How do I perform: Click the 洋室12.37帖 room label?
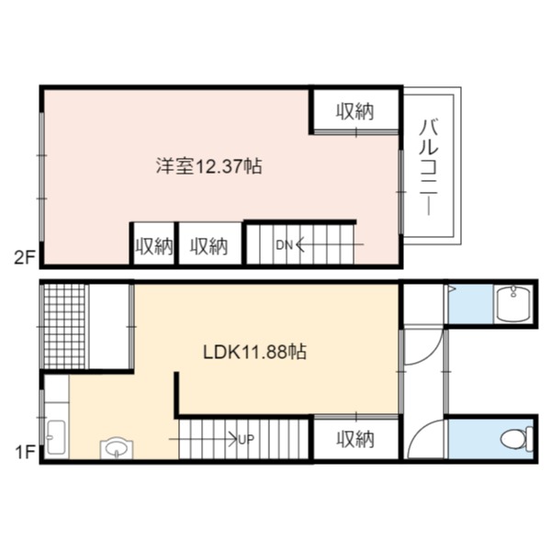pos(209,166)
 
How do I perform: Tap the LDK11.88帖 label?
pos(255,352)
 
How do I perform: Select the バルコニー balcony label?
pos(429,167)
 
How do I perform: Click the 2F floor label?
pos(25,258)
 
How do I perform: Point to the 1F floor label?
pos(26,453)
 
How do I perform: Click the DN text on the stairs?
pos(284,245)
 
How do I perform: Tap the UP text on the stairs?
pos(246,439)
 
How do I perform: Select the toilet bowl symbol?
pos(516,439)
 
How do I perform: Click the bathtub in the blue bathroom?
pos(513,304)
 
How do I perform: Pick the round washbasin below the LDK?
pos(117,448)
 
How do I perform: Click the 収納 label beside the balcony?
pos(355,112)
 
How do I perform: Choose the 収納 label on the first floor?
pos(355,439)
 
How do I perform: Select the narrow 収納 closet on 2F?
pos(154,246)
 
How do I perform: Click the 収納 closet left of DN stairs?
pos(209,246)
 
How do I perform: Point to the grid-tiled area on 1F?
pos(64,326)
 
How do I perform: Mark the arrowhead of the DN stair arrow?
pos(297,244)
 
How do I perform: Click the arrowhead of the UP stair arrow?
pos(235,439)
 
